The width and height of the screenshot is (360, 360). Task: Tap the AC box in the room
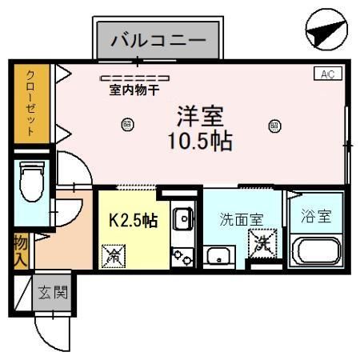coord(326,74)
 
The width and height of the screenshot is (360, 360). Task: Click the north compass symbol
coord(326,33)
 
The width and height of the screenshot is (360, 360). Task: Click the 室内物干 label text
coord(134,90)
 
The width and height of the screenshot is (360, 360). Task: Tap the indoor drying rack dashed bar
coord(134,78)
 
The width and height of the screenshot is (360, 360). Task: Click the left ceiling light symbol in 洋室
coord(126,124)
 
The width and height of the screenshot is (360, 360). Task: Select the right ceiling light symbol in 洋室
coord(274,125)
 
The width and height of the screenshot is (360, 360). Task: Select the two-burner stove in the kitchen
coord(183,256)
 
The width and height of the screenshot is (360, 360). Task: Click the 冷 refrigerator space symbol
coord(114,256)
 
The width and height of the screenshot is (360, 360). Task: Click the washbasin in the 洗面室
coord(218,256)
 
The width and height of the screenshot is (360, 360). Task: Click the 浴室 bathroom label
coord(316,216)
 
